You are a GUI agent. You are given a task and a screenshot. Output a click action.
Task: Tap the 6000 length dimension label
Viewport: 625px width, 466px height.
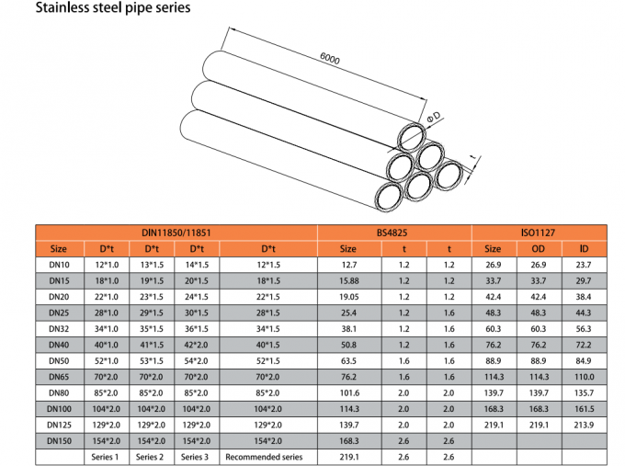tap(330, 60)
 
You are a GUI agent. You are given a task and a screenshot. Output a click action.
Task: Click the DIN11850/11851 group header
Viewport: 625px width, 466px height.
tap(176, 233)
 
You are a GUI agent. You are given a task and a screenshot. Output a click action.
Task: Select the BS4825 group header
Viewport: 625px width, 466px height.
tap(394, 233)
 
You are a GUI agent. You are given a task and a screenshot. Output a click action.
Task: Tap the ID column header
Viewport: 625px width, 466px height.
tap(584, 249)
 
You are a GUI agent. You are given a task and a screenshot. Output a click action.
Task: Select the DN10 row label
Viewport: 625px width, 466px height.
tap(59, 265)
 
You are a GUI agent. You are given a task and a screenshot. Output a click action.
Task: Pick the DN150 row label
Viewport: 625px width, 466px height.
tap(59, 441)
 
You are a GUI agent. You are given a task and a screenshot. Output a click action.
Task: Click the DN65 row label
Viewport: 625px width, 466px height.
tap(59, 377)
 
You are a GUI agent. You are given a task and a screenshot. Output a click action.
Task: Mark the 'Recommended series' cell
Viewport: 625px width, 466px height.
tap(264, 457)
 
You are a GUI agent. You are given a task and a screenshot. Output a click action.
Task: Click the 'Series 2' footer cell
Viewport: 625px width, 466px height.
tap(152, 457)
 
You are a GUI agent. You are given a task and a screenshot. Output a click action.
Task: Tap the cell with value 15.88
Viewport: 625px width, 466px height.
tap(348, 280)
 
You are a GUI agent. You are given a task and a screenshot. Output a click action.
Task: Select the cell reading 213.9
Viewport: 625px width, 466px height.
tap(584, 425)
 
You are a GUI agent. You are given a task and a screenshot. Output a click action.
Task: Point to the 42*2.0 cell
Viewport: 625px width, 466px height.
tap(197, 345)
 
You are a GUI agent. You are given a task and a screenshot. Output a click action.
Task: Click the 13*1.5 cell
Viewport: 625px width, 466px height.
tap(152, 265)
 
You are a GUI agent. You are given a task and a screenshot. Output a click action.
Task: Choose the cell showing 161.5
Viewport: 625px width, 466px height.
tap(584, 409)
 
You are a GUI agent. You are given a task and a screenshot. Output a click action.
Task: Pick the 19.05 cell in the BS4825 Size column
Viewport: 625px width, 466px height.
tap(348, 297)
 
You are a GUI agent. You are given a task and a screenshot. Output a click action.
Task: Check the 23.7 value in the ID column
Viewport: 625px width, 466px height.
tap(584, 265)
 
